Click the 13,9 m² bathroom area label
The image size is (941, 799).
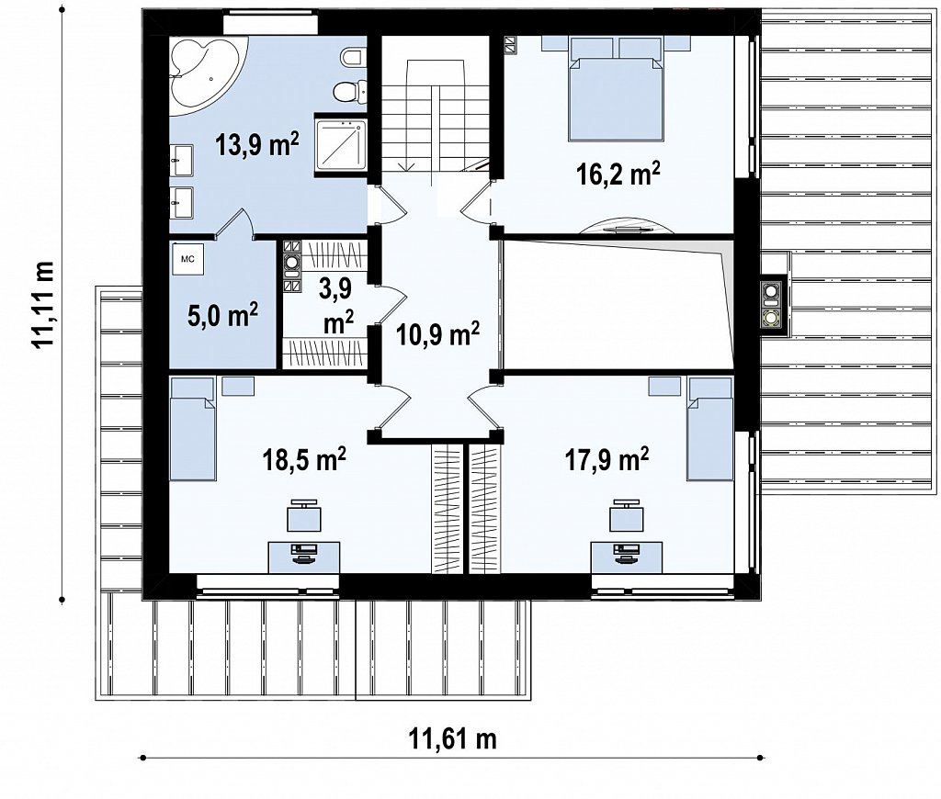pyautogui.click(x=257, y=144)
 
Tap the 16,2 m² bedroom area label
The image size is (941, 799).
pyautogui.click(x=618, y=174)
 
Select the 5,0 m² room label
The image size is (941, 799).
pyautogui.click(x=222, y=314)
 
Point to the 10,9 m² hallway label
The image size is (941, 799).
pyautogui.click(x=437, y=333)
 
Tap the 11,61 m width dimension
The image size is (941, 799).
pyautogui.click(x=453, y=739)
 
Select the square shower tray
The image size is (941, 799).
pyautogui.click(x=341, y=144)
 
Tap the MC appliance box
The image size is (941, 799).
pyautogui.click(x=187, y=259)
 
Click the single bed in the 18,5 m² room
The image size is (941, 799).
pyautogui.click(x=193, y=429)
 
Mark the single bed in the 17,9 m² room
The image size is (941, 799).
pyautogui.click(x=710, y=429)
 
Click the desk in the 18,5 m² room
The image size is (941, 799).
pyautogui.click(x=304, y=557)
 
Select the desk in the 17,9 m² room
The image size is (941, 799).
pyautogui.click(x=627, y=557)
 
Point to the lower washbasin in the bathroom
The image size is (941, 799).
pyautogui.click(x=181, y=203)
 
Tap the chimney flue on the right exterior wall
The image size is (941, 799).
pyautogui.click(x=771, y=305)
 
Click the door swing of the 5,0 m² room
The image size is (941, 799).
pyautogui.click(x=237, y=222)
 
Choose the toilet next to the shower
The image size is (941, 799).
pyautogui.click(x=347, y=91)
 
